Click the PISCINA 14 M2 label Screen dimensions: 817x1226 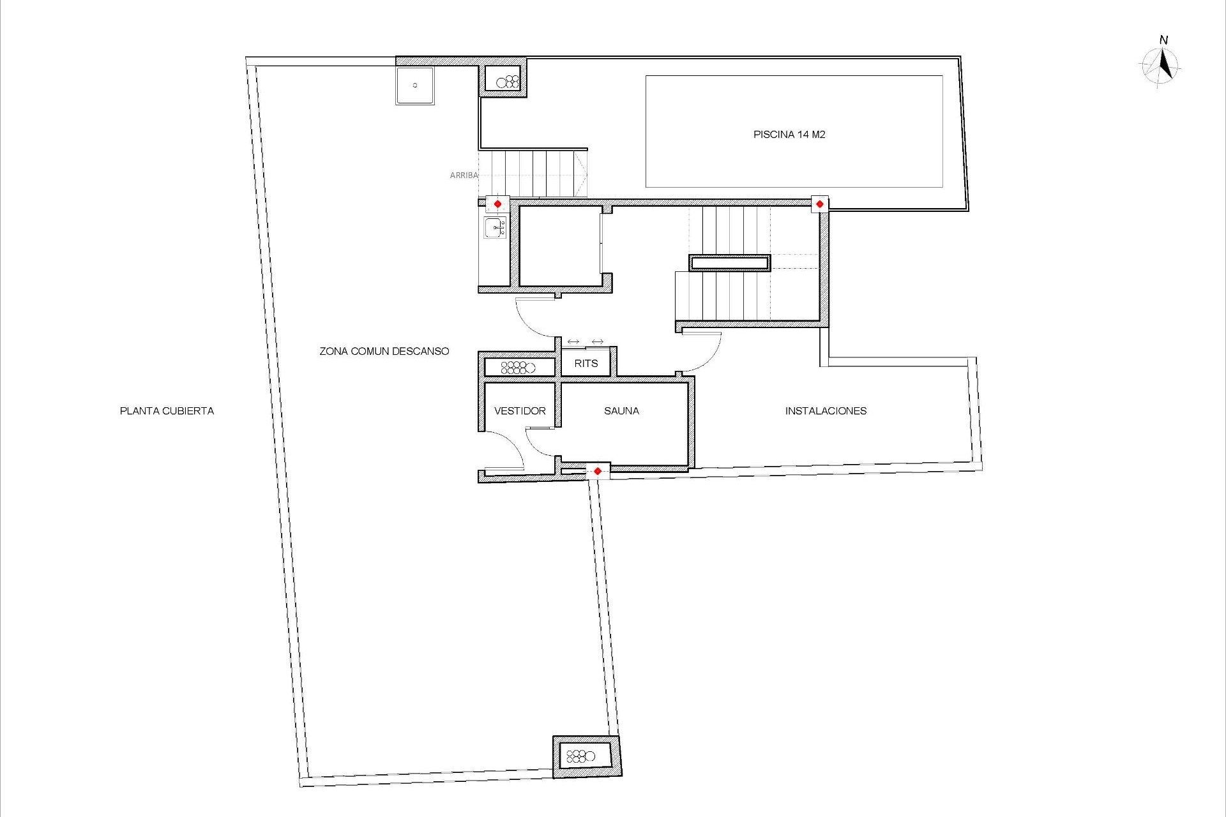point(789,135)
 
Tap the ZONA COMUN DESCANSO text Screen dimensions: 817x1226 point(384,351)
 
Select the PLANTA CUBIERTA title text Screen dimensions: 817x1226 point(167,411)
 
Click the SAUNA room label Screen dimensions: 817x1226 point(621,411)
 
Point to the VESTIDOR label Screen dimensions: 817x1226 point(520,411)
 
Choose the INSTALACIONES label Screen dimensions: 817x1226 point(826,411)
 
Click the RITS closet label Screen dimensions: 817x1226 point(586,364)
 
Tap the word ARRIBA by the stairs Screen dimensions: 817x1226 point(464,175)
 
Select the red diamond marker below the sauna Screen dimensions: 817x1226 point(598,471)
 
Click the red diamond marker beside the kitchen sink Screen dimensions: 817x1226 point(498,204)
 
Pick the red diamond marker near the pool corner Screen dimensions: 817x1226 point(820,204)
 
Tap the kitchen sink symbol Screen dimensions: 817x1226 point(495,227)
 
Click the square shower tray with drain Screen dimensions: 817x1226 point(415,86)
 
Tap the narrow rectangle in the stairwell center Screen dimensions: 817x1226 point(729,263)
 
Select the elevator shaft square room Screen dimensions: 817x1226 point(560,246)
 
